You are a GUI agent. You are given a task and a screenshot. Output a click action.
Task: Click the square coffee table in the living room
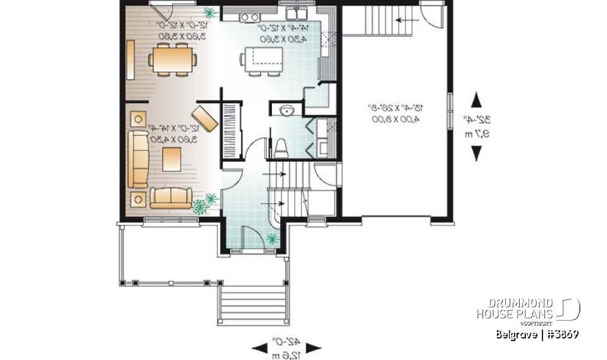[x=172, y=158]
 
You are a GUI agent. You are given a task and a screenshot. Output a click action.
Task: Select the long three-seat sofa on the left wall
[x=137, y=159]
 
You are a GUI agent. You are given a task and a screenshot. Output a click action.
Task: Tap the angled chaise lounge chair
[x=205, y=118]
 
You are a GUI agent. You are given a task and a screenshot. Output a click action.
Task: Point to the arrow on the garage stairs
[x=402, y=20]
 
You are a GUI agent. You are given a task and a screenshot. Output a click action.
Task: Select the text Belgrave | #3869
[x=537, y=334]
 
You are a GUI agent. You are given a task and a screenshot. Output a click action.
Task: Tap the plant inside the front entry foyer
[x=273, y=239]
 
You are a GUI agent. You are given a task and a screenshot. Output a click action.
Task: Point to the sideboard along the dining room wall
[x=130, y=61]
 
